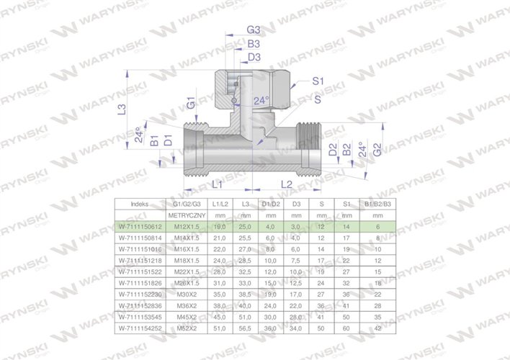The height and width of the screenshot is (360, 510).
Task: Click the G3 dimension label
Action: (x=254, y=30)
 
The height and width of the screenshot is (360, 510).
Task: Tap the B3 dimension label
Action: (x=254, y=43)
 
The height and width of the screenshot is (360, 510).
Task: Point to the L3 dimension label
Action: (x=122, y=110)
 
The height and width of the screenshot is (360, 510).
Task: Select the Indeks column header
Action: (x=140, y=204)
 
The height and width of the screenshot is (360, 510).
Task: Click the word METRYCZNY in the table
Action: (x=188, y=215)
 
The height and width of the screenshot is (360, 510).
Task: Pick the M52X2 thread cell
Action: (x=188, y=328)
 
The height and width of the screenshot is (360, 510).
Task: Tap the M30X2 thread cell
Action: (x=188, y=294)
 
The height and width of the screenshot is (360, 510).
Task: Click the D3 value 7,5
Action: (x=294, y=260)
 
